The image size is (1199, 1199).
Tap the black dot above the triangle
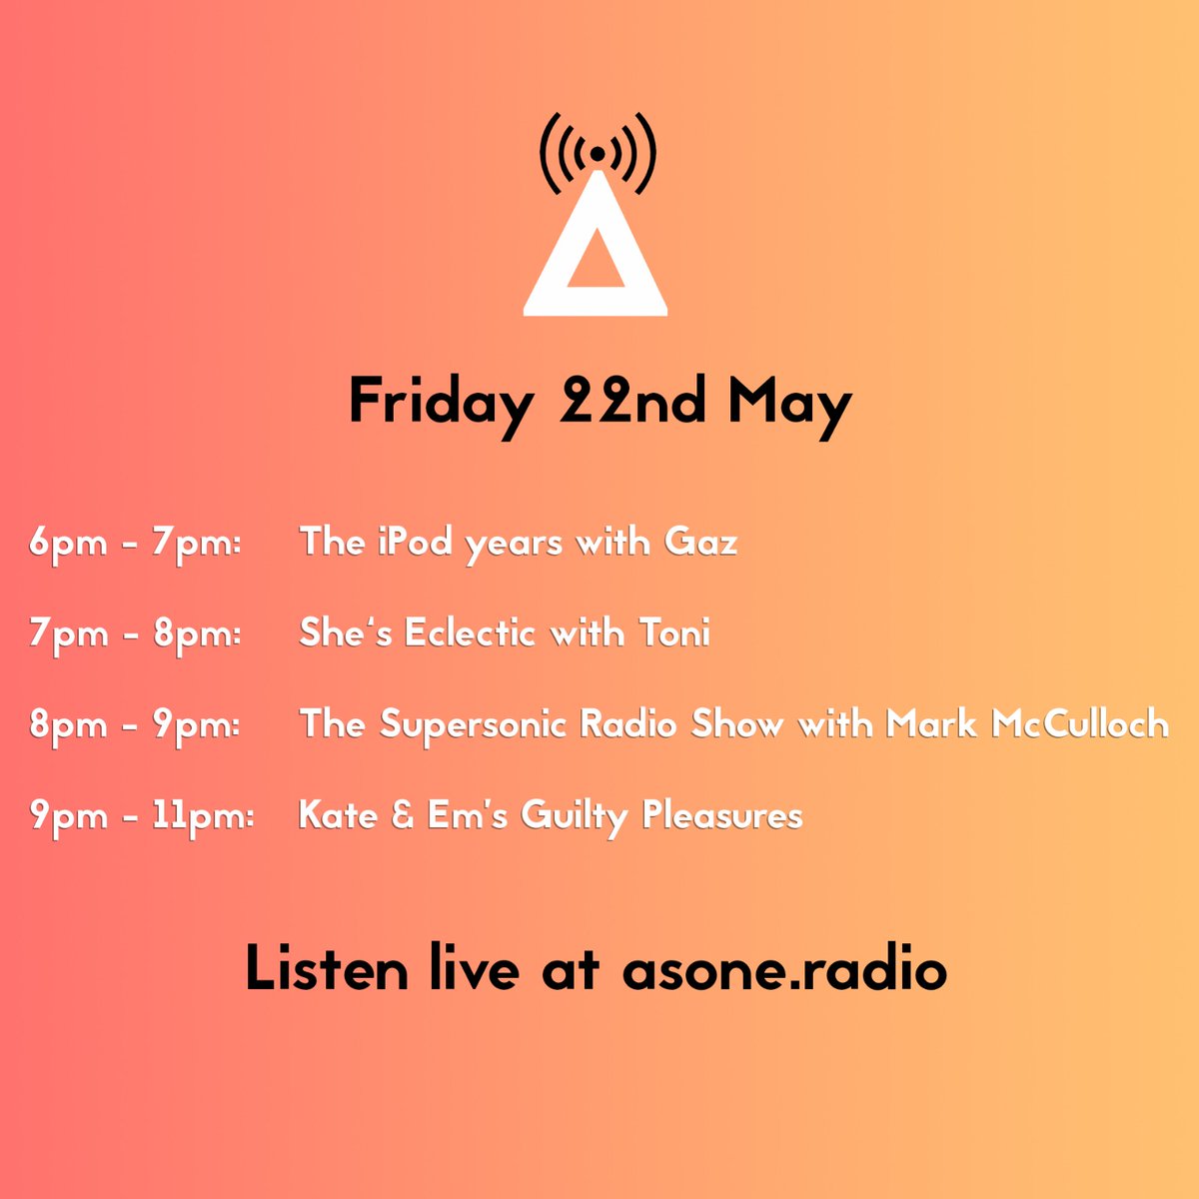pos(597,154)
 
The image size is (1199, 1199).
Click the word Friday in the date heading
pos(440,403)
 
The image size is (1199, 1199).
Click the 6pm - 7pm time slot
pos(135,544)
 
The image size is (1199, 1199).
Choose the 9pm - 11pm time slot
pos(141,816)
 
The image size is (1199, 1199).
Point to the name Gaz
pos(700,542)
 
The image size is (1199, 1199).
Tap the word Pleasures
pos(722,816)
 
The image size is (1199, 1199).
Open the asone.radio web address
pos(783,970)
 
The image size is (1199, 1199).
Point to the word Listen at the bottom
pos(326,969)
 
